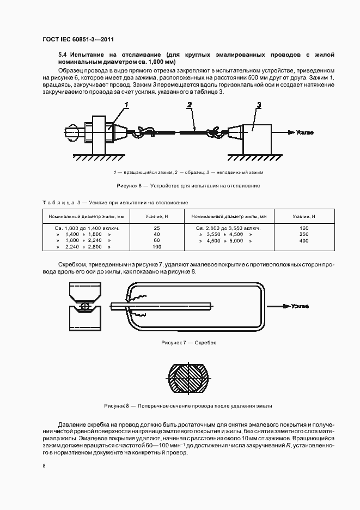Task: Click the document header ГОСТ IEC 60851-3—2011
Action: click(x=77, y=39)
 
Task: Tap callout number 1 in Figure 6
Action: click(x=126, y=105)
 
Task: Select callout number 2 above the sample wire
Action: click(x=189, y=105)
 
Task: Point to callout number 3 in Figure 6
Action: click(x=259, y=105)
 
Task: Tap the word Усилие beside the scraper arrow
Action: click(x=300, y=306)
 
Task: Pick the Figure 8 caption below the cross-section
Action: click(x=188, y=406)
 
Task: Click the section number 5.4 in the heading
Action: click(x=62, y=55)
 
